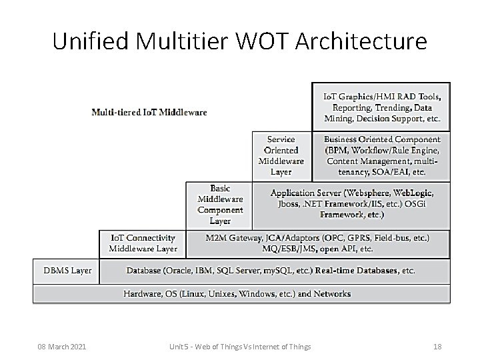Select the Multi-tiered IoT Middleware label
[x=149, y=112]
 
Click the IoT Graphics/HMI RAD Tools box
[x=381, y=107]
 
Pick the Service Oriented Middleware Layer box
[x=281, y=155]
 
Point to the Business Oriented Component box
[x=381, y=155]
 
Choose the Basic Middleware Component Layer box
[x=220, y=205]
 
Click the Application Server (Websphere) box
[x=351, y=204]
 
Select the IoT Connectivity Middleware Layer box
[x=143, y=243]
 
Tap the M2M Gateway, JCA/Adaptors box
[x=317, y=243]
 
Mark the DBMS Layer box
[x=67, y=271]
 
